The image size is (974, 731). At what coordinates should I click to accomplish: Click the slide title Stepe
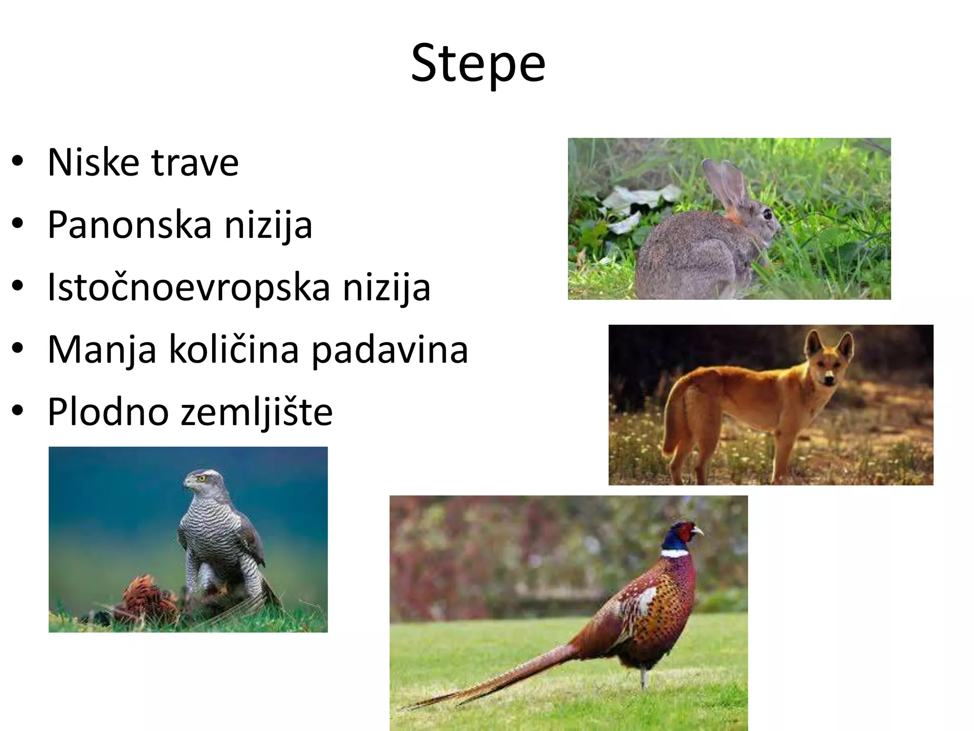click(478, 63)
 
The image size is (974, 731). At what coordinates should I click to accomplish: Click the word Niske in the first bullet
click(93, 163)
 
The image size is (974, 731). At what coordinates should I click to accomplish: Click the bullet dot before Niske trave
click(18, 162)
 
